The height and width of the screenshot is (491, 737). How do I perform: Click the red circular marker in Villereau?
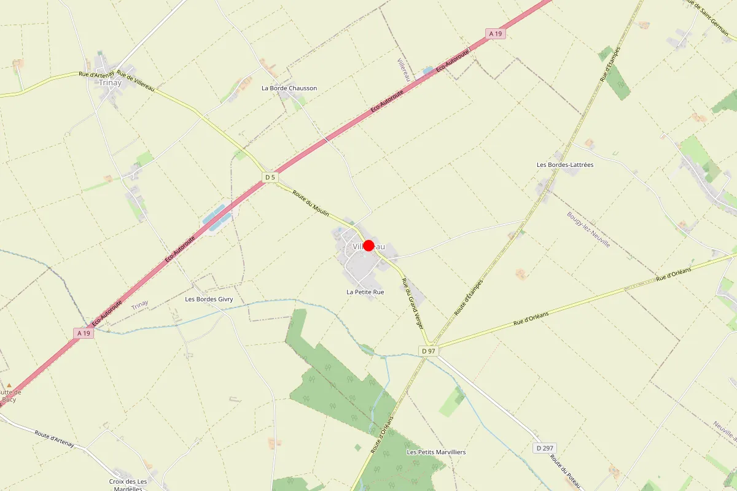[x=368, y=245]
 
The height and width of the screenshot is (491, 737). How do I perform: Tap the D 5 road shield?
[x=270, y=177]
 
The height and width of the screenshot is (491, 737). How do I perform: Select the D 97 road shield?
[x=428, y=350]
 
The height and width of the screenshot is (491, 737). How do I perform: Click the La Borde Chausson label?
[x=289, y=88]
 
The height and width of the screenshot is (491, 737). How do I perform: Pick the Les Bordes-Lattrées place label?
[x=565, y=164]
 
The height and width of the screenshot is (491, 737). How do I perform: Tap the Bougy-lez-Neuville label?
[x=589, y=230]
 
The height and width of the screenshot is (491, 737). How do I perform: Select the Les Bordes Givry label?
[x=209, y=300]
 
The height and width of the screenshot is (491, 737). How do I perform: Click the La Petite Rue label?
[x=365, y=292]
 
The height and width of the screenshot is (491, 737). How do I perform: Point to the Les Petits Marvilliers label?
[x=436, y=452]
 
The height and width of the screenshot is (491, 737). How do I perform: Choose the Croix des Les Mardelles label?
[x=128, y=485]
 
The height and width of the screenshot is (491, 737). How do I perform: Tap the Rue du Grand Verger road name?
[x=413, y=303]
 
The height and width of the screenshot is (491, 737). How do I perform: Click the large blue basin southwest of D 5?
[x=218, y=218]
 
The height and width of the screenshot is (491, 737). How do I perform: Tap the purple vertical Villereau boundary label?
[x=403, y=70]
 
